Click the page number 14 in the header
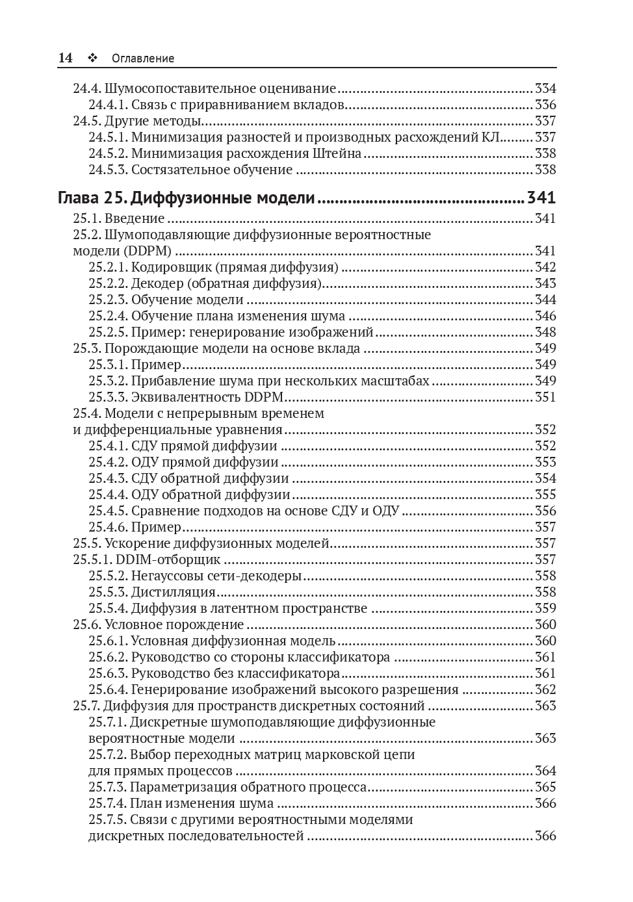(65, 58)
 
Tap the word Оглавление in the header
(143, 58)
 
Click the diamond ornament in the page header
(92, 58)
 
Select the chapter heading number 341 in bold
(541, 198)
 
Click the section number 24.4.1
(108, 105)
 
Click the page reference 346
(545, 316)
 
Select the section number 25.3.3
(108, 397)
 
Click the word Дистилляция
(174, 592)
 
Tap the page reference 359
(545, 608)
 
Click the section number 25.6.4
(108, 689)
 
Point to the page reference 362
(545, 689)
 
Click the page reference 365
(545, 787)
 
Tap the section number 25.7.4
(108, 803)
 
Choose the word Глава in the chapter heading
(79, 198)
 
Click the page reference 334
(545, 88)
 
